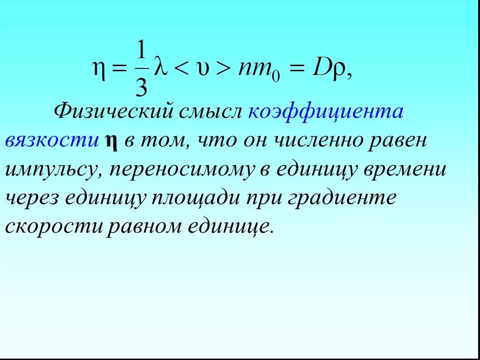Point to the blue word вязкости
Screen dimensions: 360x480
tap(51, 141)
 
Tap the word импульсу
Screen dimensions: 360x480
tap(52, 170)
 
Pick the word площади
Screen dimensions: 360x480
tap(194, 198)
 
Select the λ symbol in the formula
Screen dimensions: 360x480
tap(161, 68)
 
